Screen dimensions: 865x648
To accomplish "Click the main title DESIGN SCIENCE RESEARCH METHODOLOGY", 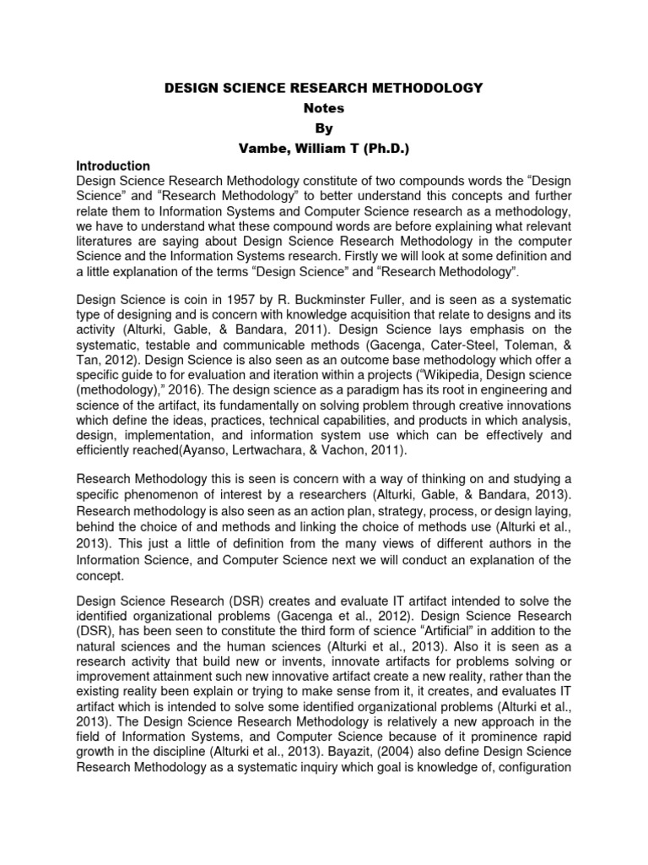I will tap(324, 88).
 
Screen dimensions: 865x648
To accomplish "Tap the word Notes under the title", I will tap(324, 108).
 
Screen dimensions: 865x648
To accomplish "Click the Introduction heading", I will tap(113, 166).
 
